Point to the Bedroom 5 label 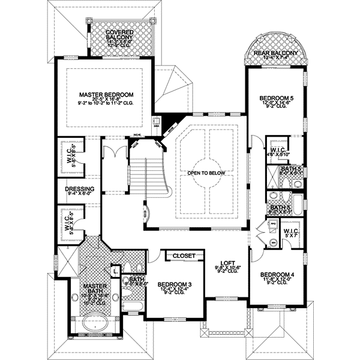[275, 98]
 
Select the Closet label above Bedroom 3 [184, 256]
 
